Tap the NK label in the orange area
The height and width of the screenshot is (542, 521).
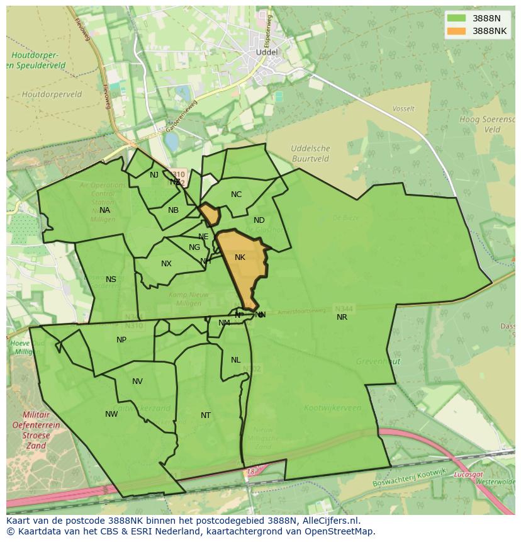[x=240, y=257]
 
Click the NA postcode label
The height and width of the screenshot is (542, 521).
[x=104, y=210]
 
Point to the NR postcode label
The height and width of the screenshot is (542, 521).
[x=342, y=317]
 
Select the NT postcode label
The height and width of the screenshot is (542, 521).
[x=206, y=415]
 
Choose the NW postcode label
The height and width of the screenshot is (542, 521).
[x=111, y=414]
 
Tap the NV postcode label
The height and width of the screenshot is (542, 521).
[x=137, y=381]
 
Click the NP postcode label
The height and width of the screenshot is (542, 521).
[x=121, y=340]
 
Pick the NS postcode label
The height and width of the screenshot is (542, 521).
[x=111, y=279]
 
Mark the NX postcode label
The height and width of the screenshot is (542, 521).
[x=166, y=264]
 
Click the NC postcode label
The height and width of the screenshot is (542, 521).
[x=236, y=195]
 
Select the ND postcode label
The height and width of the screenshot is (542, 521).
[x=259, y=220]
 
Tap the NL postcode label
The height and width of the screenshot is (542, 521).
[x=235, y=360]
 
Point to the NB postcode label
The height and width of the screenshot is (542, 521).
[x=173, y=210]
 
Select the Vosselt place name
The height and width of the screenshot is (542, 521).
[x=403, y=109]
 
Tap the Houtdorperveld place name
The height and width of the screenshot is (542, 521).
[x=52, y=94]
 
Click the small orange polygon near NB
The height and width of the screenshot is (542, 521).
[x=210, y=214]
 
